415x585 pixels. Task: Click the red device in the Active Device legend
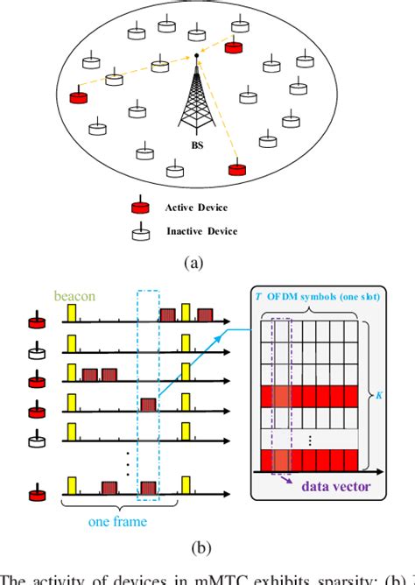[x=138, y=208]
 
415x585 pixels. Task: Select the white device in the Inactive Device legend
[x=138, y=231]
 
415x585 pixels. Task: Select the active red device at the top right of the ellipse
[x=234, y=45]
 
